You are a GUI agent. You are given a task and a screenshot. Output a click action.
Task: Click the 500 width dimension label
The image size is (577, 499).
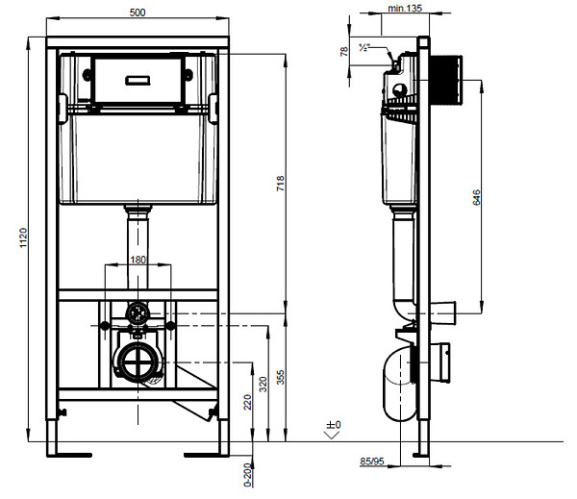tap(138, 12)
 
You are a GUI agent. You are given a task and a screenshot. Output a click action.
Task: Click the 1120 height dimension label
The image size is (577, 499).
tap(23, 237)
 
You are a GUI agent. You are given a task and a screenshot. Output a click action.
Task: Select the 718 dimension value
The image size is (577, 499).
tap(281, 184)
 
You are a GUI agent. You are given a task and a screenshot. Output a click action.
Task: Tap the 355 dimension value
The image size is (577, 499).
tap(281, 378)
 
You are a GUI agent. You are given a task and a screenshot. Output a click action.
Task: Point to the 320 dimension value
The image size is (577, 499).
tap(263, 384)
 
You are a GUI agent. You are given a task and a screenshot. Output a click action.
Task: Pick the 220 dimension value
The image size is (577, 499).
tap(247, 402)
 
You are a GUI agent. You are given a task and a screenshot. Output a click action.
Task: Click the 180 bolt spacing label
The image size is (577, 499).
tap(138, 260)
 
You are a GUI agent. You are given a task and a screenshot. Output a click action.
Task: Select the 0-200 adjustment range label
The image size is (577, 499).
tap(248, 475)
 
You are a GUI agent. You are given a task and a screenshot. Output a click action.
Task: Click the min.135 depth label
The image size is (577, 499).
tap(405, 8)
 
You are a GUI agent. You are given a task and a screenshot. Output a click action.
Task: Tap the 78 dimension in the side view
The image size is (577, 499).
tap(344, 51)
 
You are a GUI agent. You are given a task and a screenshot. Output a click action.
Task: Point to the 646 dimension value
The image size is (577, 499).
tap(476, 197)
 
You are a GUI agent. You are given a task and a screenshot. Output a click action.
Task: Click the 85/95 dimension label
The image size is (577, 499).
tap(372, 462)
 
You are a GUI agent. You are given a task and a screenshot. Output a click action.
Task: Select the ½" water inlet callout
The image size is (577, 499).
tap(364, 47)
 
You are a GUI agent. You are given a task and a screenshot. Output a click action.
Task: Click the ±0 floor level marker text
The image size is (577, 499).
tap(334, 425)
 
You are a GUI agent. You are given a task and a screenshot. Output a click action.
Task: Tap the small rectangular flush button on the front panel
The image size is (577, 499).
tap(138, 80)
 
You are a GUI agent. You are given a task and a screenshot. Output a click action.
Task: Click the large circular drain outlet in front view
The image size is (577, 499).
tap(137, 362)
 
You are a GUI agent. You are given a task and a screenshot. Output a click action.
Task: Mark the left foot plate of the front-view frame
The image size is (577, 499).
tap(69, 455)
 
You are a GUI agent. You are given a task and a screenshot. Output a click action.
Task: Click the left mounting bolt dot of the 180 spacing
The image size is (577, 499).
tap(105, 326)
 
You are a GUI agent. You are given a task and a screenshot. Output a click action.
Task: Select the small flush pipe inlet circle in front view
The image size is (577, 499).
tap(138, 313)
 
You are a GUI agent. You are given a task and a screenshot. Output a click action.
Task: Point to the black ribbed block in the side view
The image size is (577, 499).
tap(445, 80)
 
